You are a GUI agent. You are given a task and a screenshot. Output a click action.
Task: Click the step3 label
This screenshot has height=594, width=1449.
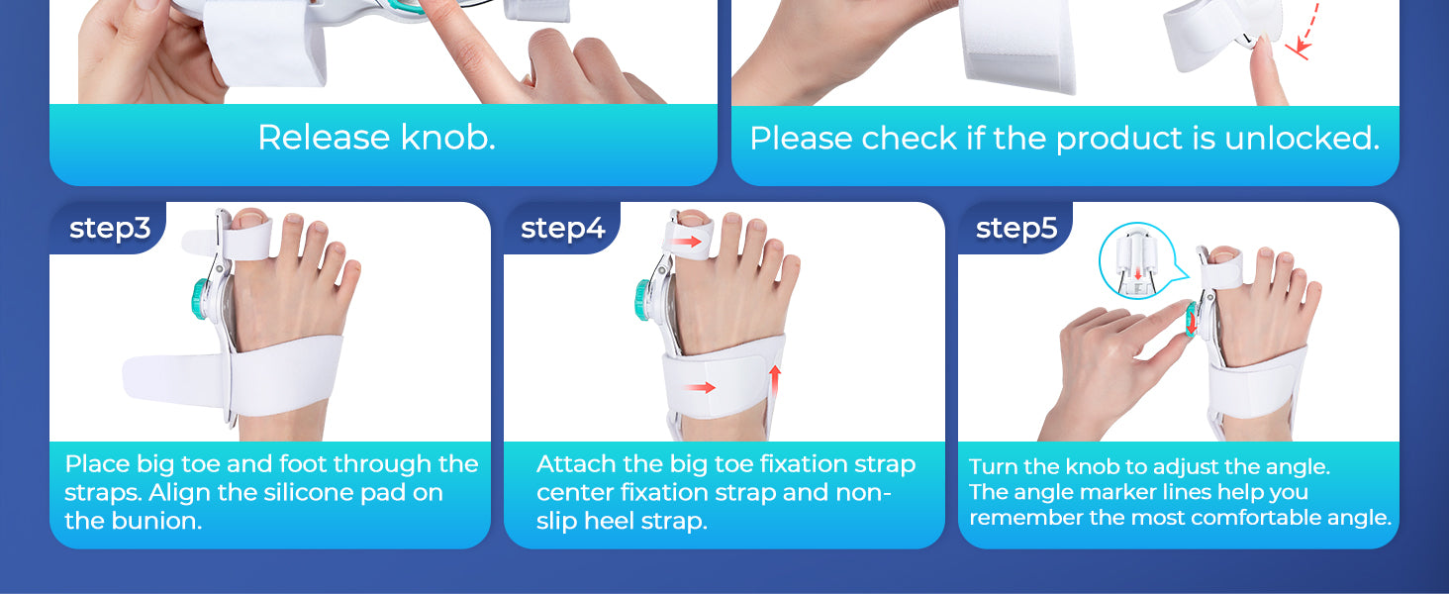click(110, 229)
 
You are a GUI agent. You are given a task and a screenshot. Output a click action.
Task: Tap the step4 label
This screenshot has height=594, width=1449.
click(563, 229)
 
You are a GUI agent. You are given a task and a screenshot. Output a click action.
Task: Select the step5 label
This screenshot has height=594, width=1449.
click(1016, 229)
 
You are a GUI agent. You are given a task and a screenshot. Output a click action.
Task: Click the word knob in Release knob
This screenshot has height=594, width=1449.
click(447, 138)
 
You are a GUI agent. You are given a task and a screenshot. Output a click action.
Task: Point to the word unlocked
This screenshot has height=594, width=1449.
click(1302, 138)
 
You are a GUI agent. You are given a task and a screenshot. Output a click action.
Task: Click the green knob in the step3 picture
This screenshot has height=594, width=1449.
click(200, 299)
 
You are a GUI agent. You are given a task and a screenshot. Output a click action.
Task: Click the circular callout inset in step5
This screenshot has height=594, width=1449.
click(1137, 260)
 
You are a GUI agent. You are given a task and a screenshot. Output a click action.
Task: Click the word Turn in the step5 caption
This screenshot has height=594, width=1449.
click(993, 466)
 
